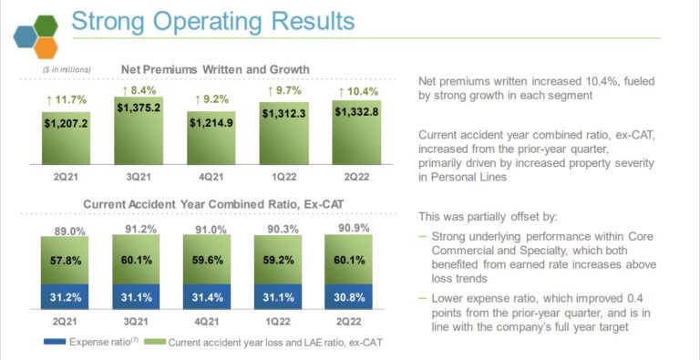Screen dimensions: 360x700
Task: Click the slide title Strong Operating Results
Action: (212, 20)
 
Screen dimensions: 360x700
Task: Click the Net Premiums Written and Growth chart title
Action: (215, 69)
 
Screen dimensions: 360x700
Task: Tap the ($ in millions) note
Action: (67, 70)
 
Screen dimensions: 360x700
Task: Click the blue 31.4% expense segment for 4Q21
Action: (209, 296)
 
